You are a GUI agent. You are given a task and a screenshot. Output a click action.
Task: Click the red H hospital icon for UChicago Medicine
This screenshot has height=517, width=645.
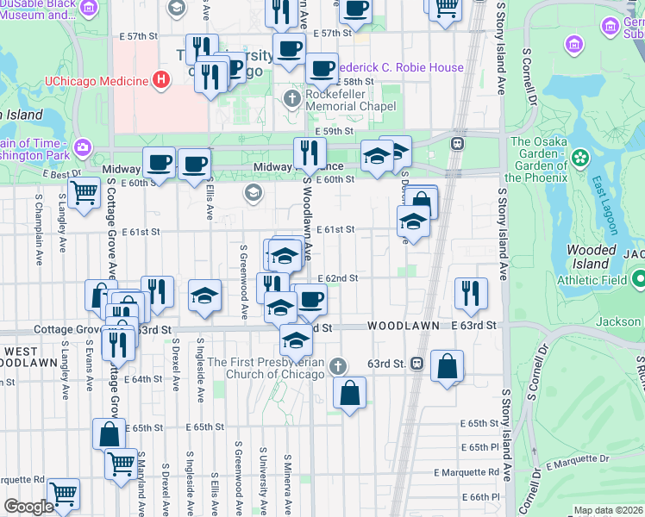pos(159,81)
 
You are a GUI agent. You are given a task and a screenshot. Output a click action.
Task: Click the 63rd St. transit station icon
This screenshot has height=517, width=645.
pos(416,363)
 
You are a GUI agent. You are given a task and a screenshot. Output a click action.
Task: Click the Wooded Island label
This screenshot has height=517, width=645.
pos(592,256)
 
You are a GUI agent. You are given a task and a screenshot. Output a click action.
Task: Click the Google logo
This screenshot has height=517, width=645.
pos(28,506)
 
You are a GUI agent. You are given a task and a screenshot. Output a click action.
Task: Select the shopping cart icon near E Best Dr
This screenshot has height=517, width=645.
pos(83,191)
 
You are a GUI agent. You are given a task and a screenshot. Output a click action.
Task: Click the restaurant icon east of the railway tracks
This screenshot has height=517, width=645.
pos(471,293)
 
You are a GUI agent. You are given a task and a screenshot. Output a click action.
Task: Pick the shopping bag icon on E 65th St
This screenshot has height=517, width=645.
pos(109,433)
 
